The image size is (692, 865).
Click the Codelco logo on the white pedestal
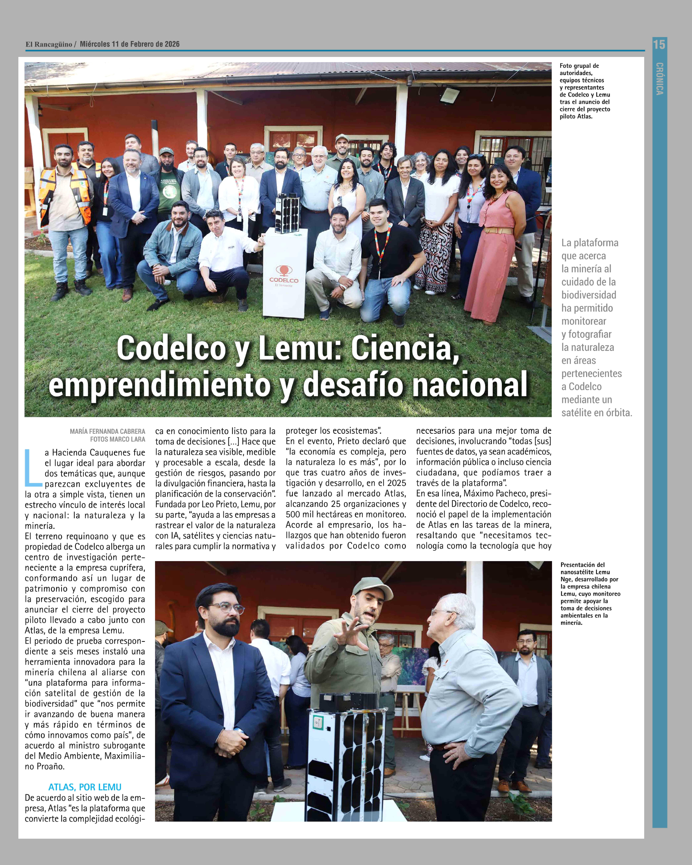click(x=284, y=275)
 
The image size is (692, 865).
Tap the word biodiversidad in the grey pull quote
click(x=588, y=295)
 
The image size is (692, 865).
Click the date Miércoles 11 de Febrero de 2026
click(x=130, y=44)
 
